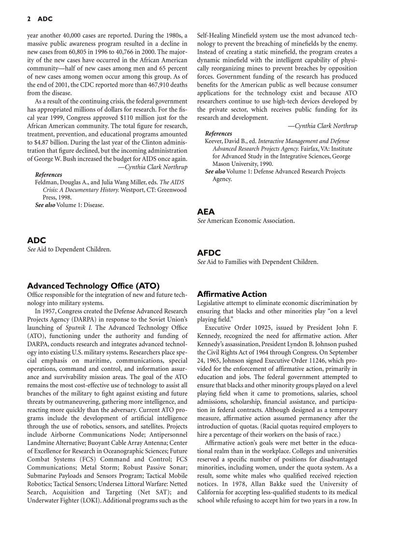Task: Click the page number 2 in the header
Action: (29, 19)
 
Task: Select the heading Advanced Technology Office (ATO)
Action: (93, 286)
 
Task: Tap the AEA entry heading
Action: (206, 211)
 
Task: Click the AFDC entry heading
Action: (209, 252)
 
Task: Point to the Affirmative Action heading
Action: (232, 294)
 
